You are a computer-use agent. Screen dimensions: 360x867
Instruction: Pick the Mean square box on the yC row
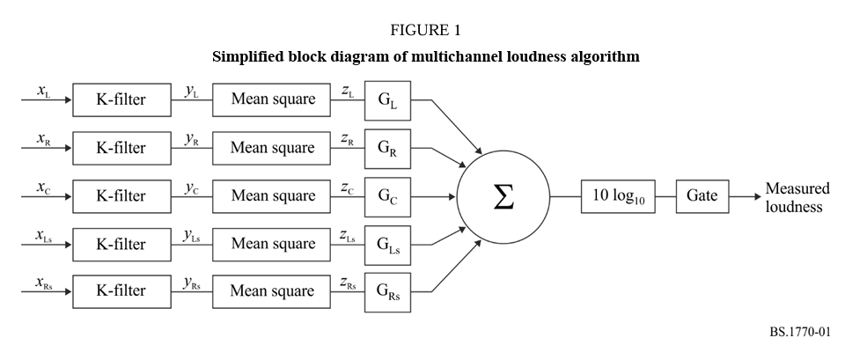[x=273, y=195]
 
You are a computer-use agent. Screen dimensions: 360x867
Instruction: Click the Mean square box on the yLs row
[x=273, y=243]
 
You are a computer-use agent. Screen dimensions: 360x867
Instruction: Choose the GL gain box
[x=387, y=99]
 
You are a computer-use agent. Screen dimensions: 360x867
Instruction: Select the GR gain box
[x=387, y=148]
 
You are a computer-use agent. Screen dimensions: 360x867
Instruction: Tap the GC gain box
[x=387, y=195]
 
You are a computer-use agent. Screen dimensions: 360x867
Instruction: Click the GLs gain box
[x=387, y=243]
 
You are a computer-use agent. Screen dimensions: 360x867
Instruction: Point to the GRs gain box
[x=387, y=291]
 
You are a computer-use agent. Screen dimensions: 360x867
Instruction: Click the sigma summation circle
[x=503, y=196]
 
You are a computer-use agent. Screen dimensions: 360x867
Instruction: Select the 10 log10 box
[x=619, y=196]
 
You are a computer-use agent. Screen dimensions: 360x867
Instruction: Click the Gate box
[x=702, y=196]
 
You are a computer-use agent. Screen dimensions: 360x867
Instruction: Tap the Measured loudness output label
[x=797, y=198]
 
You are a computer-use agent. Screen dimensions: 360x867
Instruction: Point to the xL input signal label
[x=43, y=92]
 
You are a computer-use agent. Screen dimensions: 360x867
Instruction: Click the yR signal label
[x=191, y=140]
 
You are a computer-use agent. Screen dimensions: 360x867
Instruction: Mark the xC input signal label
[x=43, y=187]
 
